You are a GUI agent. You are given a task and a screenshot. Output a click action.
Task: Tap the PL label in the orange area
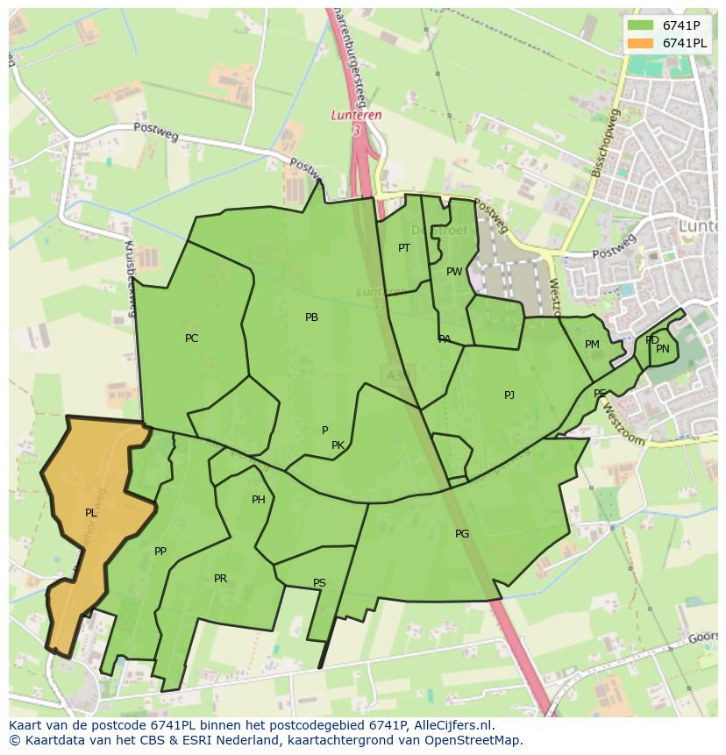click(x=90, y=513)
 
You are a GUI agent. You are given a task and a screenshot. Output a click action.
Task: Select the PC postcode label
click(x=191, y=338)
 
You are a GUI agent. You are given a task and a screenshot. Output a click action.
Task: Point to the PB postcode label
click(x=311, y=317)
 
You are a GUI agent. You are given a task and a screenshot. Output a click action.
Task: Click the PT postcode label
click(x=403, y=248)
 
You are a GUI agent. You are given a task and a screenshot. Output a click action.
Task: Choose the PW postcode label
click(x=453, y=272)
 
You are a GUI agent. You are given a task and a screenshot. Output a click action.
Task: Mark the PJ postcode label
click(x=509, y=395)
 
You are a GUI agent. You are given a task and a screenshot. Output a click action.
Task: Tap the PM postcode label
click(x=592, y=345)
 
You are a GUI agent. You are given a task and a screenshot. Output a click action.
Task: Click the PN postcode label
click(x=663, y=349)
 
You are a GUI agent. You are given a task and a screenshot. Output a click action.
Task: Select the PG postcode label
click(x=462, y=533)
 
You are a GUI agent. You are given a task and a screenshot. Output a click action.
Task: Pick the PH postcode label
click(x=258, y=500)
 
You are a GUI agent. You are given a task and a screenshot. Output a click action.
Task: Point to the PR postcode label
click(x=220, y=579)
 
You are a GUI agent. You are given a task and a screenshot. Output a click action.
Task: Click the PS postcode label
click(x=319, y=583)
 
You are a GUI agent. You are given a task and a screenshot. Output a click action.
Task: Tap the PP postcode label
click(x=160, y=552)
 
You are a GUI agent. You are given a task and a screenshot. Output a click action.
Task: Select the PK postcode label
click(x=338, y=445)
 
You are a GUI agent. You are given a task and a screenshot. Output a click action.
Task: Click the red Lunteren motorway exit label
click(x=357, y=115)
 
